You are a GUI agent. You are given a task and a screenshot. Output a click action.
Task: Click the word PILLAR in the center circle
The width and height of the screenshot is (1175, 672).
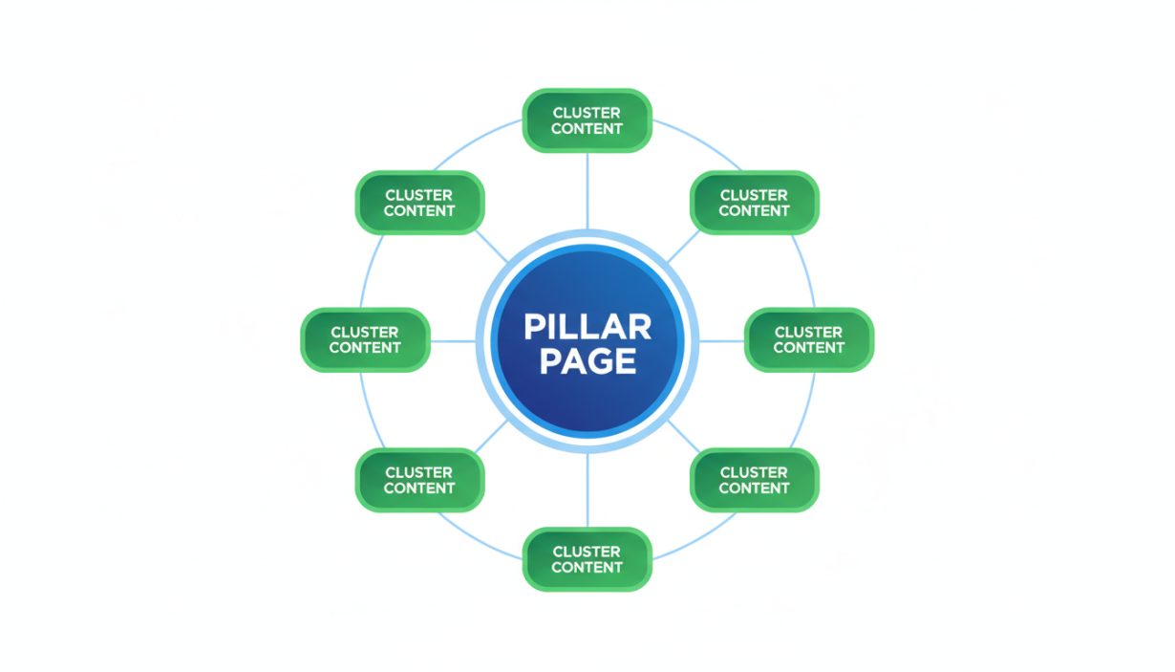[x=587, y=327]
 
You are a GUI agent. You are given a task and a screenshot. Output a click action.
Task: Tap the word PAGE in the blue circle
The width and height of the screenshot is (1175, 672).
[x=587, y=360]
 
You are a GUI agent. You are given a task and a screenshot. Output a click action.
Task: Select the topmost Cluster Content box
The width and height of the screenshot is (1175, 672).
[x=587, y=120]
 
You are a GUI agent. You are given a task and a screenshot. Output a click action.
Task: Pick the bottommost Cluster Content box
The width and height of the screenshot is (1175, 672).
[x=587, y=559]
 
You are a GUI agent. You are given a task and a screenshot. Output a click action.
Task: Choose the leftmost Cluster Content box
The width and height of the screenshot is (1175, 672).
[x=365, y=339]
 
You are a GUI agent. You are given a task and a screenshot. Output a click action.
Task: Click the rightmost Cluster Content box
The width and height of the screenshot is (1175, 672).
[x=808, y=339]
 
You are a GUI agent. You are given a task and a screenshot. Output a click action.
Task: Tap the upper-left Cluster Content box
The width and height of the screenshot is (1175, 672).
[x=419, y=203]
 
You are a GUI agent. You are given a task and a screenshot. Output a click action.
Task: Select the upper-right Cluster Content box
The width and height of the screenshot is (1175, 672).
[x=754, y=203]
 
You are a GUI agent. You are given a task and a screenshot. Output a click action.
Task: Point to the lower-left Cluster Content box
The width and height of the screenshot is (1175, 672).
[x=419, y=480]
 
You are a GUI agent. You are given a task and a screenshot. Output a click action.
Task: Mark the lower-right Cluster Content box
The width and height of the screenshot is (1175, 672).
[x=754, y=480]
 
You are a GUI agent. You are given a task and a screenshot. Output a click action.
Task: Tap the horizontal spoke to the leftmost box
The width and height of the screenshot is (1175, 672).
[x=452, y=340]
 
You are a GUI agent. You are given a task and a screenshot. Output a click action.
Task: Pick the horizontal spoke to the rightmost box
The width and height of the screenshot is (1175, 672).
[x=722, y=340]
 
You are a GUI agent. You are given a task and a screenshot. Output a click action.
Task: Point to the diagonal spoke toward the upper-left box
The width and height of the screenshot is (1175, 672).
[x=492, y=247]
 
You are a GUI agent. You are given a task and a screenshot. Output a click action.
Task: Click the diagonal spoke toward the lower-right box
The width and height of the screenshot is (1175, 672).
[x=682, y=434]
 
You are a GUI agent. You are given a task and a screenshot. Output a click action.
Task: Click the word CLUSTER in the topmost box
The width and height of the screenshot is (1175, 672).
[x=587, y=113]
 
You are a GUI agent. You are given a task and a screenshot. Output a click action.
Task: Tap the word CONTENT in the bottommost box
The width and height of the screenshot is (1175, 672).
[x=587, y=568]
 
